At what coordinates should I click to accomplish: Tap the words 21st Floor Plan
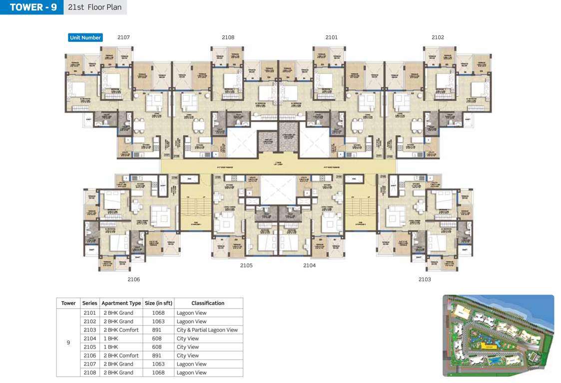(x=95, y=7)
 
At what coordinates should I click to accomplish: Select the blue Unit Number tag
(x=85, y=37)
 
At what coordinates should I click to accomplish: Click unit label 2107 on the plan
(x=123, y=37)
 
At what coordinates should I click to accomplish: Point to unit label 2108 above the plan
(x=228, y=37)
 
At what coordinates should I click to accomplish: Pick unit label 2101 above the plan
(x=331, y=37)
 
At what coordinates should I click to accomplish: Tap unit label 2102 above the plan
(x=438, y=37)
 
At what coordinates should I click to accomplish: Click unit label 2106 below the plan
(x=133, y=279)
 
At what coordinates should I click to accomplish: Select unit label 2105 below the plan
(x=246, y=265)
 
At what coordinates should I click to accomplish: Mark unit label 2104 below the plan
(x=309, y=265)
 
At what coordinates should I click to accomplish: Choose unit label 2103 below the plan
(x=425, y=279)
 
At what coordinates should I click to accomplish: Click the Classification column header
(x=208, y=303)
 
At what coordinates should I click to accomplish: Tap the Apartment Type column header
(x=121, y=303)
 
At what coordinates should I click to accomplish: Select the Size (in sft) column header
(x=158, y=303)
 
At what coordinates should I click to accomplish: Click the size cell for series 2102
(x=158, y=322)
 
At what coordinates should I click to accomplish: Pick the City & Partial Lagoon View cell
(x=207, y=330)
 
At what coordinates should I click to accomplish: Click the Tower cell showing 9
(x=68, y=343)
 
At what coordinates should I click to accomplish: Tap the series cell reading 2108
(x=89, y=373)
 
